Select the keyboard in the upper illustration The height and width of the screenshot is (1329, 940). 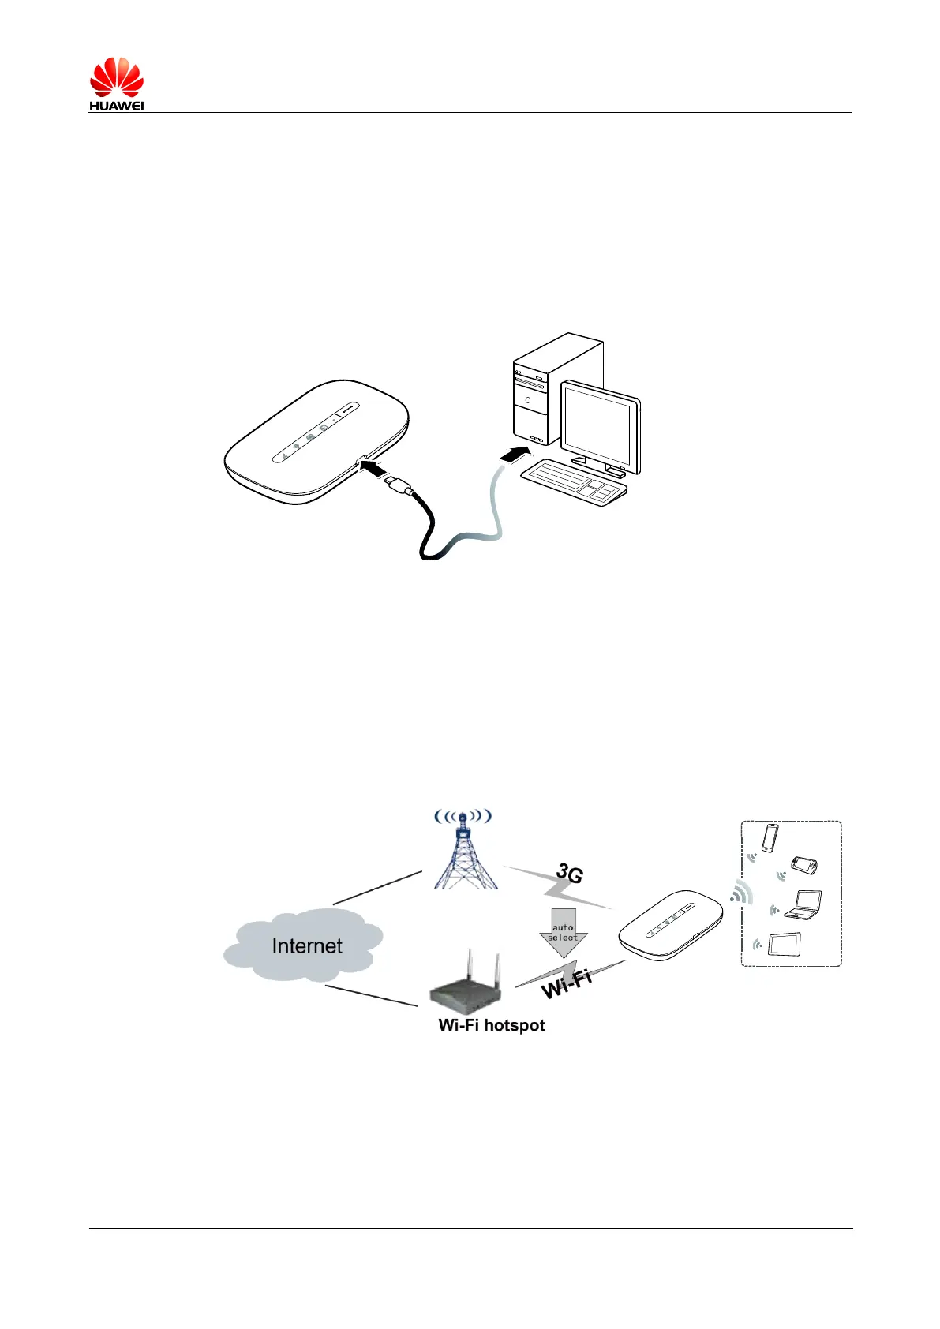[x=574, y=481]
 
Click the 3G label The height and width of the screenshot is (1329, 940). [x=569, y=874]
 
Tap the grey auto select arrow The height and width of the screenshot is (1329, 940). [x=563, y=932]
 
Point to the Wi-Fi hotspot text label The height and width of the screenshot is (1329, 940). [x=491, y=1025]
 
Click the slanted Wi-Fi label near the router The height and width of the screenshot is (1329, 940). [x=566, y=983]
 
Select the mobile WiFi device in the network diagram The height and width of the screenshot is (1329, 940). [x=669, y=925]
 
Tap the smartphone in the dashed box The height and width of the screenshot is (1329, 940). [x=770, y=838]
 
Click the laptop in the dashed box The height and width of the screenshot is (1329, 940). [x=803, y=905]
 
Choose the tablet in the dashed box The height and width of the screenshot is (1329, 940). [x=785, y=944]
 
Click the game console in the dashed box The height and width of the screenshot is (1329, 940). [x=803, y=866]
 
